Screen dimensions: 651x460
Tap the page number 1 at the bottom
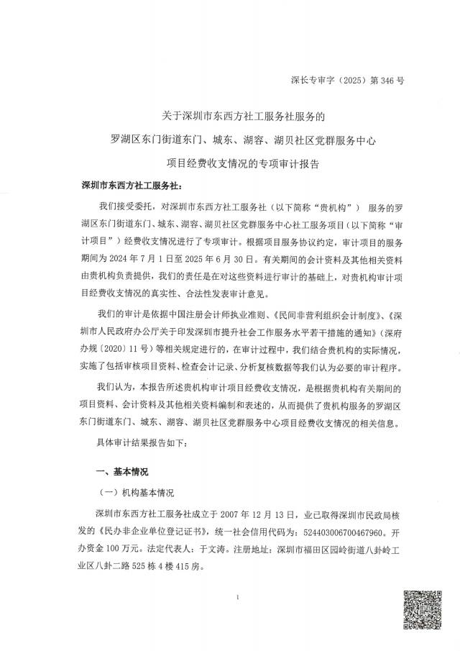point(236,598)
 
